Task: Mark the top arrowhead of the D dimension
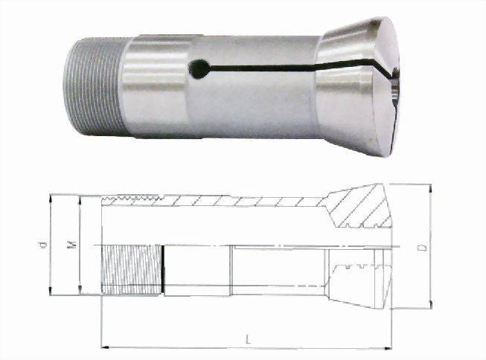coord(430,187)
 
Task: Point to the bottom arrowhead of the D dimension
coord(430,305)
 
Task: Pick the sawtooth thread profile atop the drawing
coord(134,199)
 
